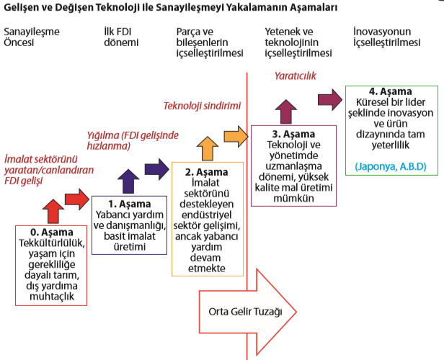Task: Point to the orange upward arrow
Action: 206,148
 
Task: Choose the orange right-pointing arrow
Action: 235,135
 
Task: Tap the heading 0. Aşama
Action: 51,233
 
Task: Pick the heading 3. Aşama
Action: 294,135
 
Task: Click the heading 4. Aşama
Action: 390,92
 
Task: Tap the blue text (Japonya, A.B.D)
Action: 390,166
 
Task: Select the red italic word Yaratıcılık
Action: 296,75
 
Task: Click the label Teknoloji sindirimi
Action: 201,106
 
